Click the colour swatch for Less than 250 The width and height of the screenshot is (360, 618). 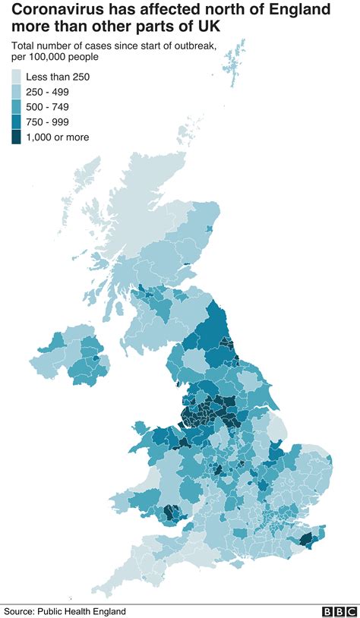[17, 77]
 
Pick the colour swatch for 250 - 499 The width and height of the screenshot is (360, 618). [17, 92]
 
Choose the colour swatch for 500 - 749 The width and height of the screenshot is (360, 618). [17, 107]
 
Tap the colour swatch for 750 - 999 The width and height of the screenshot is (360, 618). [17, 122]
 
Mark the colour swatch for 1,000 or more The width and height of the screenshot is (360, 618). [17, 137]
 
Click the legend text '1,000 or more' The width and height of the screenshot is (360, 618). [58, 137]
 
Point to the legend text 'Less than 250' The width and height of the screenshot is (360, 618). [58, 77]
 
